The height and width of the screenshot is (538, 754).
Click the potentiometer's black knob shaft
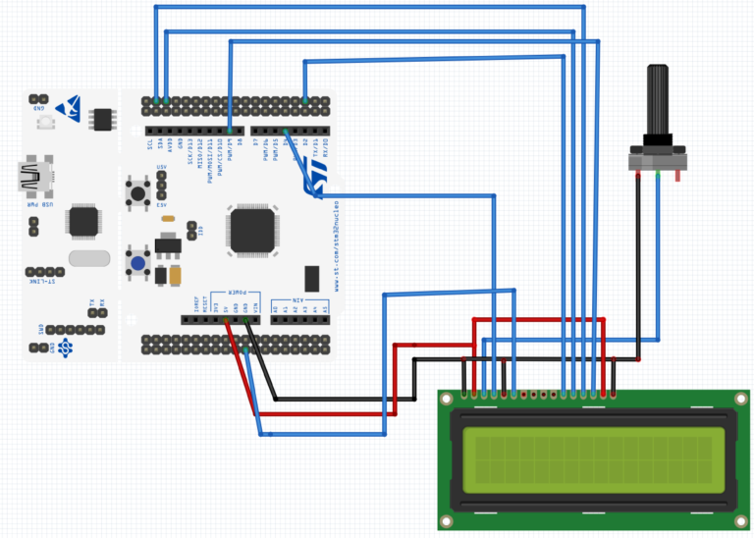point(657,98)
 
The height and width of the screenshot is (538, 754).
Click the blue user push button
point(137,263)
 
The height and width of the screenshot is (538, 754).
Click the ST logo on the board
point(317,180)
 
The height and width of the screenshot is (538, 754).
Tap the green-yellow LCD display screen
point(593,460)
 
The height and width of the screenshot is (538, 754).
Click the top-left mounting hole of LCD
point(447,399)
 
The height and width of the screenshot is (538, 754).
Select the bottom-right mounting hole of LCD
point(741,521)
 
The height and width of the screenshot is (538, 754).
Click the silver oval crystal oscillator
point(89,258)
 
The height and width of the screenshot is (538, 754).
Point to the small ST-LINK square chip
point(83,221)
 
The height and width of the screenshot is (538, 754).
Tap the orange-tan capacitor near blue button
point(175,276)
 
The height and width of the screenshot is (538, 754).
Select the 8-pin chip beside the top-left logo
point(102,120)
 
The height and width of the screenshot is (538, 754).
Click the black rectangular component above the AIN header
point(312,278)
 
